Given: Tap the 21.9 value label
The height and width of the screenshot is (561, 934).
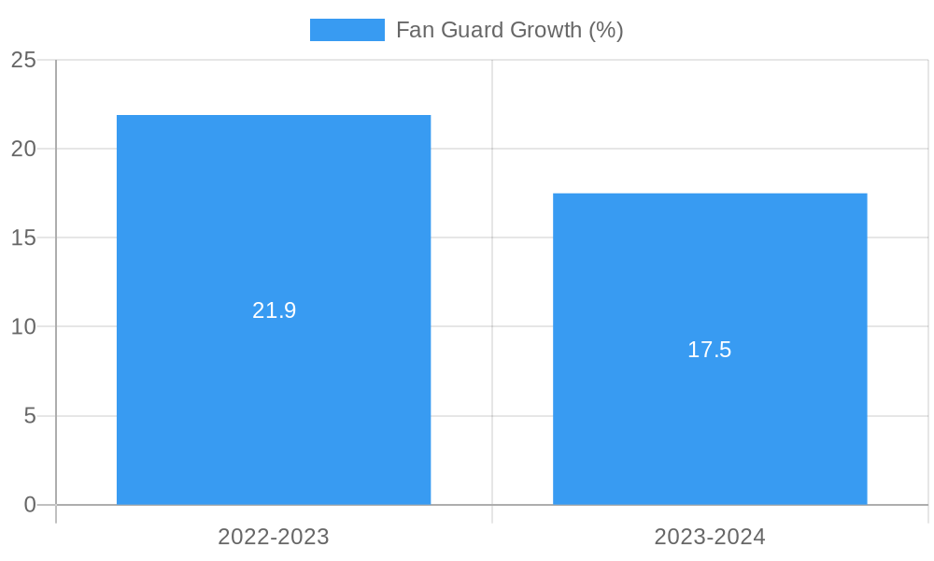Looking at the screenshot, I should [x=274, y=310].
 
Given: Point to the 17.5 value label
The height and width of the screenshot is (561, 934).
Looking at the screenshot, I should [x=710, y=350].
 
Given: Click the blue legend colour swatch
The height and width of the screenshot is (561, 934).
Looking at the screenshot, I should [x=347, y=30].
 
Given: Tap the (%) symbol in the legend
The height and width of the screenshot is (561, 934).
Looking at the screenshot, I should [x=606, y=30].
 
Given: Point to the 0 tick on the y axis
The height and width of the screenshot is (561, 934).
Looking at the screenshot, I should [x=30, y=505].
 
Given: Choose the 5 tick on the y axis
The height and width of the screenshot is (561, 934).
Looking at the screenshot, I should [x=30, y=416].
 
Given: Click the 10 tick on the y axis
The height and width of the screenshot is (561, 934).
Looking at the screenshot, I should [x=24, y=327].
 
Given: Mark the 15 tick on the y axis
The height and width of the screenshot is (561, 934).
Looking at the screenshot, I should [x=24, y=237].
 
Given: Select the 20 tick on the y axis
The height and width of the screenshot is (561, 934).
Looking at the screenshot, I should [x=24, y=149].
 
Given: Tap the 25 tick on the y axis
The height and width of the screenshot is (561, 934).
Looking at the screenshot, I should [x=24, y=60].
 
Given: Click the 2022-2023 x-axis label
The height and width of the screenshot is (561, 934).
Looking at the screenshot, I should [x=274, y=537].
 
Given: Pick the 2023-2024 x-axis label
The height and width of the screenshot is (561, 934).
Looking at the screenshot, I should [x=710, y=537].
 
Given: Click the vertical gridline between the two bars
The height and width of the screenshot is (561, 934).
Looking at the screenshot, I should [x=492, y=280].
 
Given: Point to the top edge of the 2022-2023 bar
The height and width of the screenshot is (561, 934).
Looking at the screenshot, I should [x=274, y=116].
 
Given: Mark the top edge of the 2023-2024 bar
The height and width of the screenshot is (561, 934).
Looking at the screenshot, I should [x=710, y=194].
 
